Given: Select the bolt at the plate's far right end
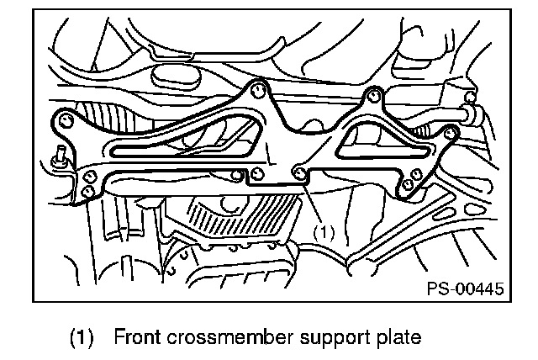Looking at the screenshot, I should pyautogui.click(x=451, y=131).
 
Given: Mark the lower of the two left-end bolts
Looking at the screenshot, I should pyautogui.click(x=88, y=191).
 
